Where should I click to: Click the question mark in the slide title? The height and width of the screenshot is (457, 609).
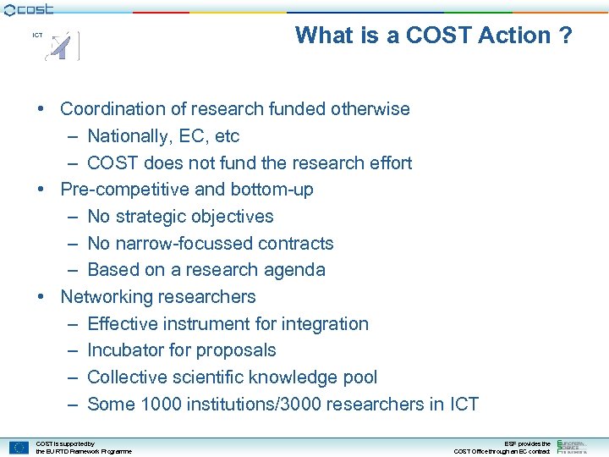tap(565, 36)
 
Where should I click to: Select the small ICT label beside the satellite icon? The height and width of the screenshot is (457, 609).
tap(37, 36)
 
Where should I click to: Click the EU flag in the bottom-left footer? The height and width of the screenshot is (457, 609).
tap(19, 447)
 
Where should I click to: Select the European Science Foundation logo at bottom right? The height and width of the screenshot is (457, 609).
tap(571, 446)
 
